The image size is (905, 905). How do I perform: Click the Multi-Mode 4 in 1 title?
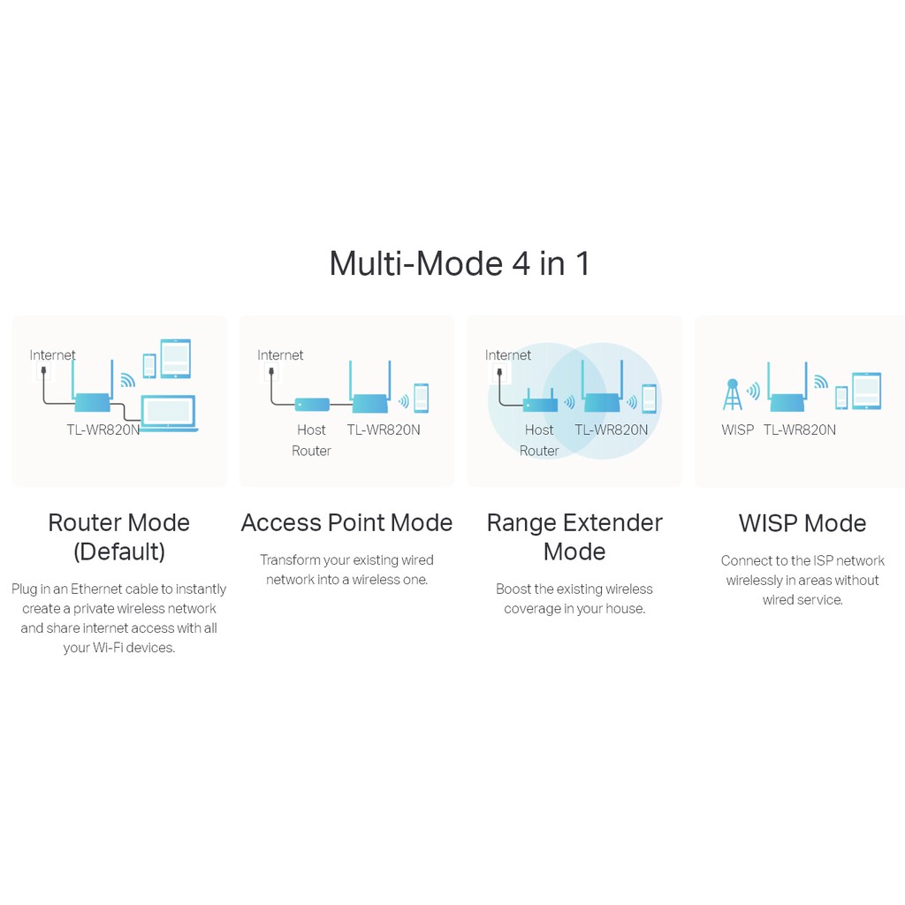point(460,263)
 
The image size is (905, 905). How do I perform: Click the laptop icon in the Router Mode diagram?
point(169,414)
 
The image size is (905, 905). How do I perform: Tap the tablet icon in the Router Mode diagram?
point(176,359)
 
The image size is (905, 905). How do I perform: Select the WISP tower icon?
point(733,394)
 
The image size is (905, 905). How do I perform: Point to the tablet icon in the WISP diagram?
point(867,392)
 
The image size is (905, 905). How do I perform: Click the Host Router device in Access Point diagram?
point(312,404)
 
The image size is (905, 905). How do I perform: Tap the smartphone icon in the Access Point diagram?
point(422,399)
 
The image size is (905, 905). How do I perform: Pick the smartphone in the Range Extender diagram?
point(650,399)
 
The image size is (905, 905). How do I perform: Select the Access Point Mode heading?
point(346,523)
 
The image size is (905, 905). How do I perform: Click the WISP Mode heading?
point(802,523)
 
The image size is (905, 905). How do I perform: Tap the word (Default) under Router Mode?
point(119,551)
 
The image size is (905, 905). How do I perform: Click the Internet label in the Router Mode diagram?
point(52,355)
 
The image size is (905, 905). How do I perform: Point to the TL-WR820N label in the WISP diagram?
point(799,430)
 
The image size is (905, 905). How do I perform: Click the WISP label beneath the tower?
point(738,430)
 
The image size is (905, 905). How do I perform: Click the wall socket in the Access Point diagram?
point(271,372)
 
